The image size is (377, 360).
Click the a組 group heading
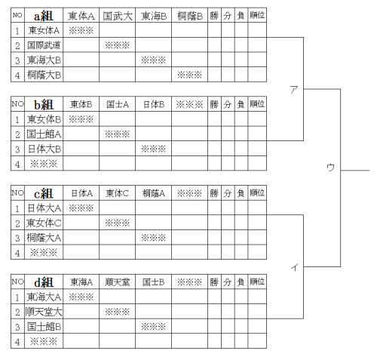click(44, 16)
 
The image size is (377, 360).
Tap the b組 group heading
click(44, 104)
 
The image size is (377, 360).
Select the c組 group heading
click(44, 193)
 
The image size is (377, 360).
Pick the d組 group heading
click(44, 282)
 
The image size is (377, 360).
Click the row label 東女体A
click(44, 30)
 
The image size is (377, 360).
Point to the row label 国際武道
click(44, 45)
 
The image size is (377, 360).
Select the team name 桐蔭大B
click(44, 75)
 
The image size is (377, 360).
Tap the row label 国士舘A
click(44, 134)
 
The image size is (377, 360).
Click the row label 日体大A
click(44, 208)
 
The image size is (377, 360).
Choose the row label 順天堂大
click(44, 312)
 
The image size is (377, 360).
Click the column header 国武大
click(118, 16)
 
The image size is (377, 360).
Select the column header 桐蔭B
click(190, 16)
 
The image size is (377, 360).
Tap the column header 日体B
click(154, 104)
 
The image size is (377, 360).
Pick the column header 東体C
click(117, 193)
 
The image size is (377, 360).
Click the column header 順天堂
click(118, 282)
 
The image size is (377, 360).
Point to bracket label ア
click(293, 89)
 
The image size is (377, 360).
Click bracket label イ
click(295, 266)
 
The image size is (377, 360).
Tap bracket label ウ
click(330, 167)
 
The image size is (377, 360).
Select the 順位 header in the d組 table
click(257, 282)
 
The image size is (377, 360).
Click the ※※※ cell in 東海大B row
click(153, 60)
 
